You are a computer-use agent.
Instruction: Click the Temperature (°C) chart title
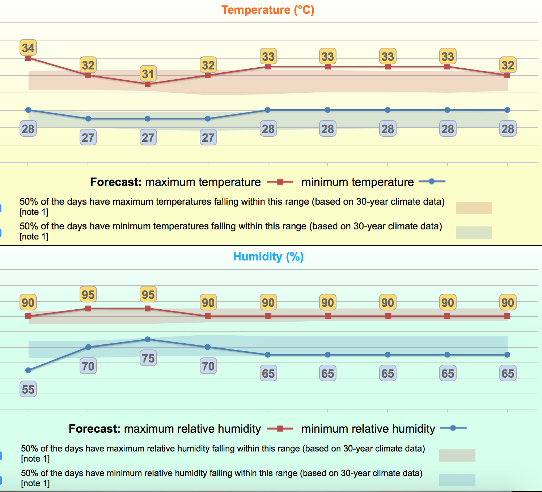268,10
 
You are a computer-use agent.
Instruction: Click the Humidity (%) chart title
268,256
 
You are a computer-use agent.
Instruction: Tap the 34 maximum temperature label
28,48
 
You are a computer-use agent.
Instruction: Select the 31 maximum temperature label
148,74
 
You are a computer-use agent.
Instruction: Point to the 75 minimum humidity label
148,358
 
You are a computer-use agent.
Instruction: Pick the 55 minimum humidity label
28,389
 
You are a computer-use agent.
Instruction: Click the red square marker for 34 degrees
28,58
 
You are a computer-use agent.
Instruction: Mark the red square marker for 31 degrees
148,84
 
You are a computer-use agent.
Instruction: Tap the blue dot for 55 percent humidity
28,370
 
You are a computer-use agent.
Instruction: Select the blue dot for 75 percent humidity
148,339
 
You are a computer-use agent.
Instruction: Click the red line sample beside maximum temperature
280,182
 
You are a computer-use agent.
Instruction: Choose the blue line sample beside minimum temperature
432,182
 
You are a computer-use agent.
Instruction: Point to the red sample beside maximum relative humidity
280,429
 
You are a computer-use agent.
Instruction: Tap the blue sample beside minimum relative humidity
453,428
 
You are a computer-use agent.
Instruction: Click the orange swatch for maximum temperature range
474,208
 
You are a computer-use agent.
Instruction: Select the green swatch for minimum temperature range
474,233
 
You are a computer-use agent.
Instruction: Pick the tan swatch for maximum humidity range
457,455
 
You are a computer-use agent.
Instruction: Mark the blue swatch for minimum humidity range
457,480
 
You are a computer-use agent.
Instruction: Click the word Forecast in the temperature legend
115,182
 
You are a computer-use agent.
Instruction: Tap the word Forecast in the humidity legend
94,429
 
